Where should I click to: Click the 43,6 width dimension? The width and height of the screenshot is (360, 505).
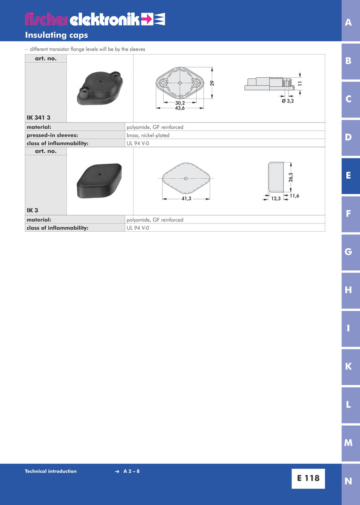coord(180,108)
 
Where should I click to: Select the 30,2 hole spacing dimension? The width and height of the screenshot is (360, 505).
coord(180,103)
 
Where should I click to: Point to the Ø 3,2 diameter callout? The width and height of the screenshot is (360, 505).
coord(288,101)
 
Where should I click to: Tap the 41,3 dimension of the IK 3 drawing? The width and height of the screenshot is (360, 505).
coord(186,199)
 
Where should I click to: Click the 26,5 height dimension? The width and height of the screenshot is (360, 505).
coord(291,177)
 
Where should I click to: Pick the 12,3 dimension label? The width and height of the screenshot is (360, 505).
coord(276,199)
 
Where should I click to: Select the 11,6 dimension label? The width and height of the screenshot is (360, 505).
coord(294,196)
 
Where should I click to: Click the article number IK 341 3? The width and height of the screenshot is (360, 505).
coord(39,118)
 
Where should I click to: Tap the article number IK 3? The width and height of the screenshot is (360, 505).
coord(32,210)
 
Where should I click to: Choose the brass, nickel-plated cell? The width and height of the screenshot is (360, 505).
coord(148,135)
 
